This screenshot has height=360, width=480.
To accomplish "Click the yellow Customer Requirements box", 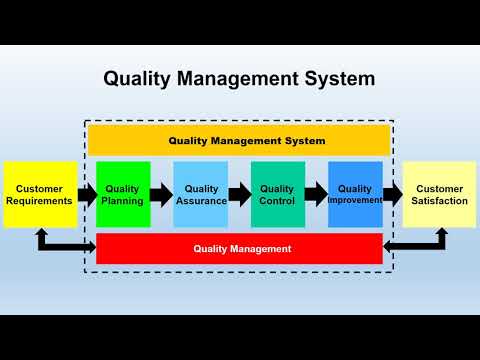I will click(x=40, y=194).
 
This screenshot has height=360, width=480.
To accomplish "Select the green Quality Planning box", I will click(x=123, y=194).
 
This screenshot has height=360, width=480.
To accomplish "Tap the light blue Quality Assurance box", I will click(x=201, y=194).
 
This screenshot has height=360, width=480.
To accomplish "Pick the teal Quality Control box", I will click(x=277, y=194).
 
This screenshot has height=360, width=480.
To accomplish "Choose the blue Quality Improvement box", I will click(x=355, y=194).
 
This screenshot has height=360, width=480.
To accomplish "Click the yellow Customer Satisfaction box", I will click(x=440, y=194).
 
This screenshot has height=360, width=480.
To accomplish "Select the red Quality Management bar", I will click(x=240, y=248).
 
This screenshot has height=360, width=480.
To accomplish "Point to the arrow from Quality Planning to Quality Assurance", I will click(x=162, y=194).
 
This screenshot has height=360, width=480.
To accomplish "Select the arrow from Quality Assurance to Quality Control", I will click(x=239, y=194).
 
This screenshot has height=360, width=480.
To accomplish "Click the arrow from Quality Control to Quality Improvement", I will click(x=316, y=194).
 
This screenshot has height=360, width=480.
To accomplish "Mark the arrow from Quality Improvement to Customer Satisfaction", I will click(x=392, y=194).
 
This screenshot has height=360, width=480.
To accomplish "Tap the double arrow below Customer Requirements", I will click(x=60, y=242).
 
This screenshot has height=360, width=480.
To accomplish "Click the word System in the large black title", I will click(x=335, y=77).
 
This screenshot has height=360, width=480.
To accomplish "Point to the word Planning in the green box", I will click(x=123, y=201).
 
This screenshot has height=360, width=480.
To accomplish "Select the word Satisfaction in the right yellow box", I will click(x=440, y=201).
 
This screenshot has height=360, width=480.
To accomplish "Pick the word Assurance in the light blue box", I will click(x=201, y=201).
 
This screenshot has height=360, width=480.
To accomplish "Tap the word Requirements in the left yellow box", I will click(x=40, y=201).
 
